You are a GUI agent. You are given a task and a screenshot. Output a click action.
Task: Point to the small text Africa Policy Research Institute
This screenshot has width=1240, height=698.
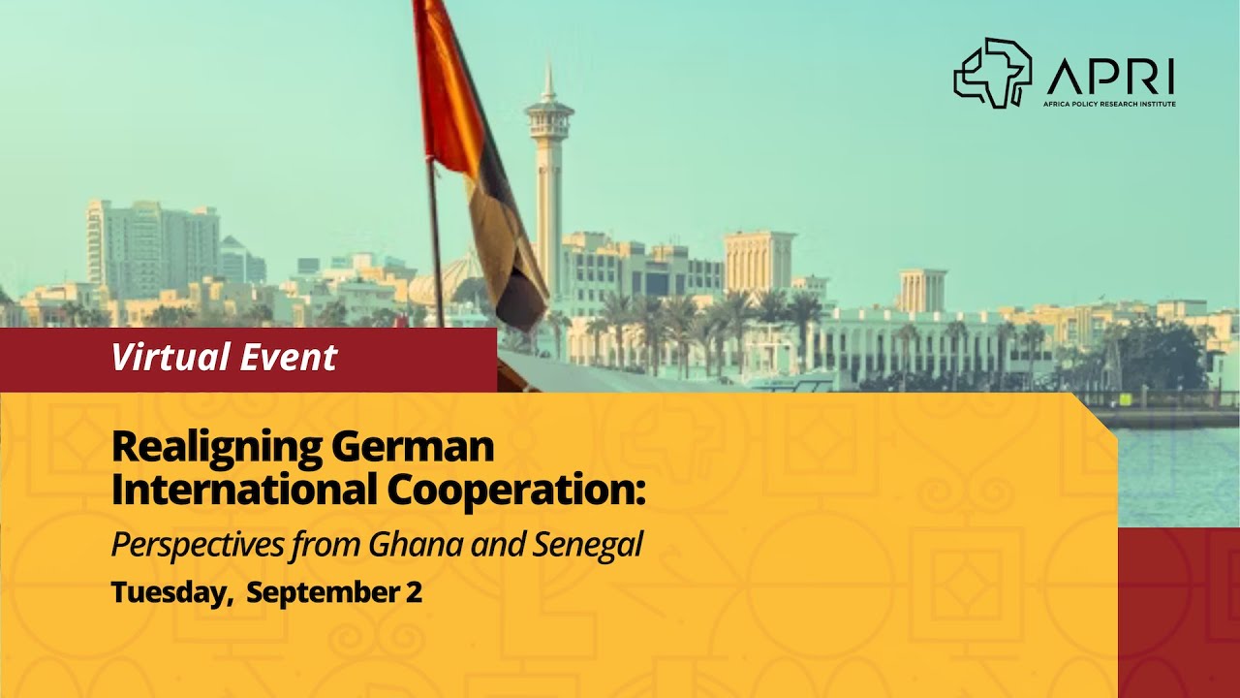(x=1110, y=103)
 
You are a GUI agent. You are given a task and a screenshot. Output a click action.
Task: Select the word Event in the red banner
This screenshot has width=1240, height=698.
(x=290, y=358)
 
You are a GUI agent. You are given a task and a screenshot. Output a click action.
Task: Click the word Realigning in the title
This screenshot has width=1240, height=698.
(x=215, y=448)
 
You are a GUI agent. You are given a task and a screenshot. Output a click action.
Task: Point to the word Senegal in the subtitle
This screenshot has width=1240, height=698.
(x=588, y=545)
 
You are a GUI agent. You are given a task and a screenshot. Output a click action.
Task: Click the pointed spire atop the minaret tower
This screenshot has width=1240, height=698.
(x=548, y=79)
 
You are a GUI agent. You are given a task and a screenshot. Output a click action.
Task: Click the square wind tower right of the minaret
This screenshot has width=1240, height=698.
(x=759, y=261)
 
